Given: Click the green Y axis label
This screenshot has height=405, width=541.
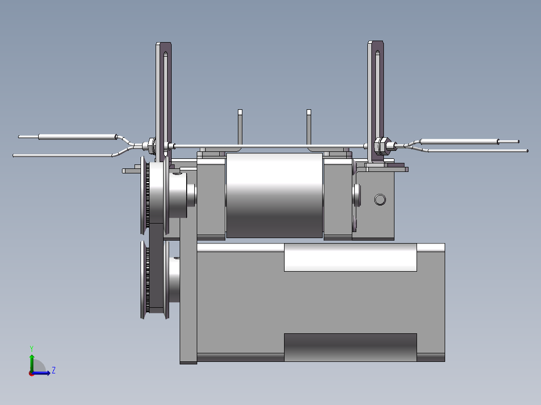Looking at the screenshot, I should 31,347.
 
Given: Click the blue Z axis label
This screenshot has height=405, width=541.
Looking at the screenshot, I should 53,370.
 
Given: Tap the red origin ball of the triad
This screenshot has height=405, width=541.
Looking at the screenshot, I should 31,373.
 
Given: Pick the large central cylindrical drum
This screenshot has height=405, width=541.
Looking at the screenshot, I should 274,195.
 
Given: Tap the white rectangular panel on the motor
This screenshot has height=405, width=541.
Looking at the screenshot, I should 350,257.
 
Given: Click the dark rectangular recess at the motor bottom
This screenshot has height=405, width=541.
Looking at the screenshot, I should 350,347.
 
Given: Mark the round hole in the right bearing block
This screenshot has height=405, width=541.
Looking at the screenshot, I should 380,200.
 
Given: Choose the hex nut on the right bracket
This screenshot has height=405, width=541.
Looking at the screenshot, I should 382,145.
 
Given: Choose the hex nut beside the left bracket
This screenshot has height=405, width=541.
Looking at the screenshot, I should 150,146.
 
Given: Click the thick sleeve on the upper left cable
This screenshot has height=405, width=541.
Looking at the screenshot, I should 77,136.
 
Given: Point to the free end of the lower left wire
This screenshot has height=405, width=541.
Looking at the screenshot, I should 15,155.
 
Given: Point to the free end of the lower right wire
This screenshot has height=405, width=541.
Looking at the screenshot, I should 526,150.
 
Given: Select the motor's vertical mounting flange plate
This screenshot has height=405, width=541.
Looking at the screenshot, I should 188,301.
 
